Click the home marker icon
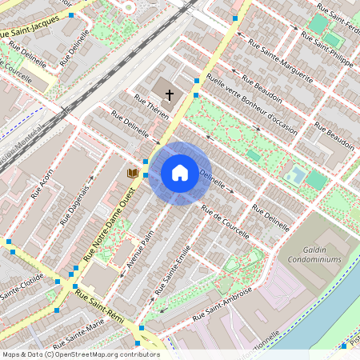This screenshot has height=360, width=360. pyautogui.click(x=180, y=173)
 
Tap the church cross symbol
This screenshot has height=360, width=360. pyautogui.click(x=169, y=95)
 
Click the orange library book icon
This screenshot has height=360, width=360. pyautogui.click(x=133, y=173)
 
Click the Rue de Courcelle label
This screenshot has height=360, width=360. pyautogui.click(x=226, y=221)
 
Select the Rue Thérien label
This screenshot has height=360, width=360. pyautogui.click(x=152, y=108)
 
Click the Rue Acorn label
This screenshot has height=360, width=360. pyautogui.click(x=42, y=183)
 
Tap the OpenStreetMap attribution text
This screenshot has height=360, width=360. pyautogui.click(x=81, y=354)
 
